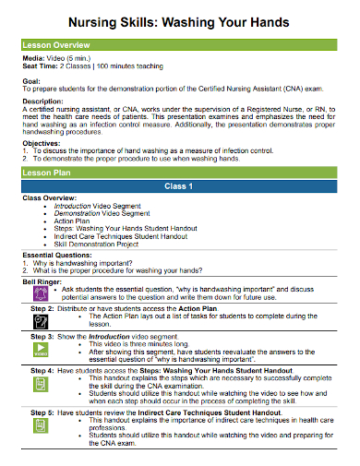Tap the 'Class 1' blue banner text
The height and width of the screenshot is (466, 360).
coord(179,186)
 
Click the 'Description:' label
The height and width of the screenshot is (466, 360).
coord(42,101)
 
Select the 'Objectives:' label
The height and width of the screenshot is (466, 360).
coord(41,144)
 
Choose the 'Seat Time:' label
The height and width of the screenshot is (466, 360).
coord(39,65)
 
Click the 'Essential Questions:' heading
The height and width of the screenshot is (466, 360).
coord(57,253)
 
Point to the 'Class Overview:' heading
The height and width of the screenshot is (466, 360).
coord(50,197)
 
